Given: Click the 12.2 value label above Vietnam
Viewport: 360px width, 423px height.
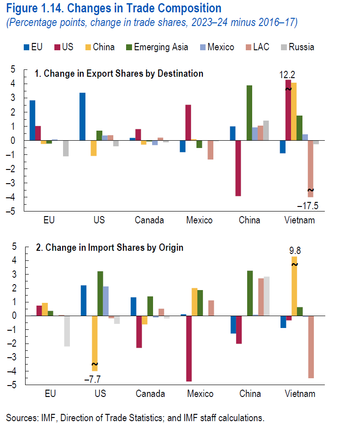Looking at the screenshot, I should pos(288,73).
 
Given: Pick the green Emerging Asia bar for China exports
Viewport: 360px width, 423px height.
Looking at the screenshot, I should pos(249,113).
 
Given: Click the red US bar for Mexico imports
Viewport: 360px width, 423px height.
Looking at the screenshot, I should pos(189,348).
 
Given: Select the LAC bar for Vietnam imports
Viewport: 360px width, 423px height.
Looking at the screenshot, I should pos(311,347).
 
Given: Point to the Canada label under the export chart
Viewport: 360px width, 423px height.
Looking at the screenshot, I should pos(149,220).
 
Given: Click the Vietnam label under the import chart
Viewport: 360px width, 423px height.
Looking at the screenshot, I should pos(300,394).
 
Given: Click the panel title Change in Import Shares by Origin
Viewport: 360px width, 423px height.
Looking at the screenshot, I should pos(110,248).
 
